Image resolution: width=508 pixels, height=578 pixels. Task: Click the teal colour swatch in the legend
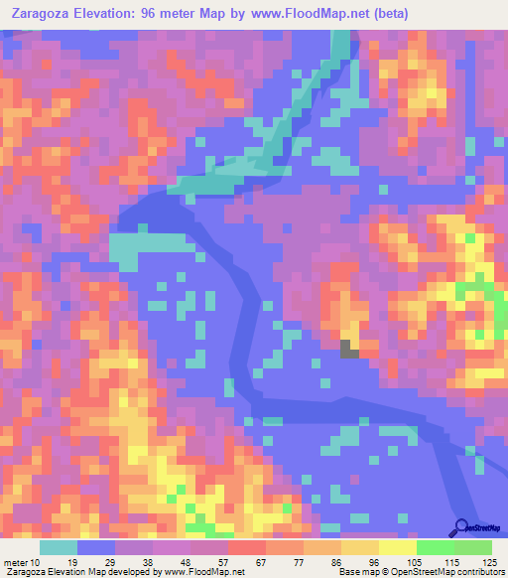coord(59,548)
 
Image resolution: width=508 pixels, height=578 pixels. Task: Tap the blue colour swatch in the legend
coord(96,548)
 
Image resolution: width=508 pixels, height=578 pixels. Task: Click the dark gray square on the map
coord(349,349)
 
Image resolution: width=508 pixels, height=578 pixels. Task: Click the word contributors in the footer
coord(477,573)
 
